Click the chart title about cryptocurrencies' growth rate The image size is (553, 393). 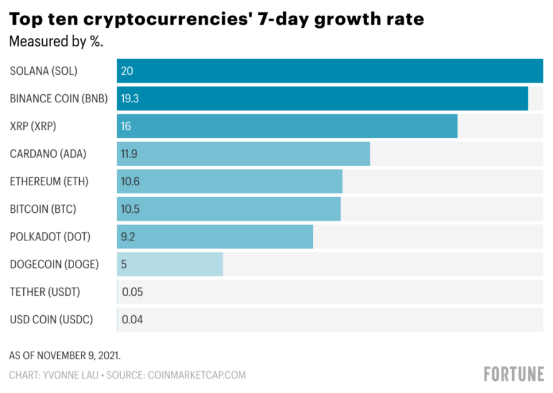(217, 19)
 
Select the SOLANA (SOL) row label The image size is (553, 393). (43, 71)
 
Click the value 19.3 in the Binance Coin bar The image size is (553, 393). (129, 99)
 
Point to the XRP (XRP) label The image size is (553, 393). (33, 126)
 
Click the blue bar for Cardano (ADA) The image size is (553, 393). (243, 154)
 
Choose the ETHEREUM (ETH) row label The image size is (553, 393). (49, 181)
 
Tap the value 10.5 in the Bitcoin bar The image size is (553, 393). (129, 209)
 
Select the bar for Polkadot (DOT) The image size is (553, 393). (215, 237)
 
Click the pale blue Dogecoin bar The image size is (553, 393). (170, 264)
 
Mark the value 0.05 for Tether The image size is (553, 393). (132, 292)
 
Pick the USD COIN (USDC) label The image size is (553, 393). (52, 320)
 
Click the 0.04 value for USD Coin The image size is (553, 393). (132, 320)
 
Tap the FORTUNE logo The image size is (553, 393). (513, 374)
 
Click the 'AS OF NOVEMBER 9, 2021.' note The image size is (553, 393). (65, 355)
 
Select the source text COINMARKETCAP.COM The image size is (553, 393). (197, 375)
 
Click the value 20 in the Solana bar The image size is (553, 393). (127, 71)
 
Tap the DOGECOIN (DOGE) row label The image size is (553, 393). (55, 264)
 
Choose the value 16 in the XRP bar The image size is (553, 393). (126, 126)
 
